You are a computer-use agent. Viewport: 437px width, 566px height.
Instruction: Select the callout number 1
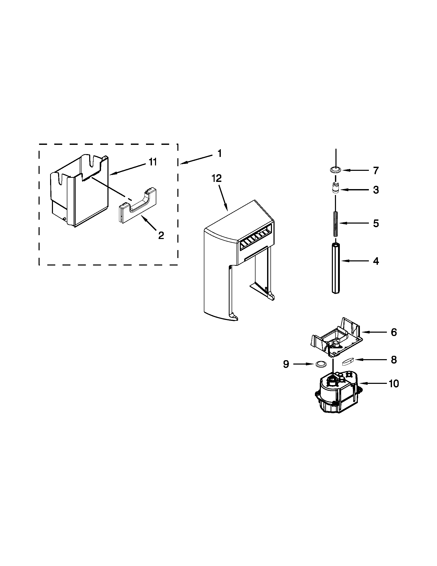[220, 154]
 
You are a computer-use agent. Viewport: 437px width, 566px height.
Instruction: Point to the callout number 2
[161, 235]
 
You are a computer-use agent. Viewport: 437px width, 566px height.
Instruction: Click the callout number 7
[376, 171]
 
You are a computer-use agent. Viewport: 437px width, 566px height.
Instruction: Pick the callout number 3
[376, 190]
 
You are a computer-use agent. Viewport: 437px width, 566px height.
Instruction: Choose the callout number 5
[376, 223]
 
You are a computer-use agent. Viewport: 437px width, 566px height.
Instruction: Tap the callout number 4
[376, 261]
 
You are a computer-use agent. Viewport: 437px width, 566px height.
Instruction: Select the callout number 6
[394, 332]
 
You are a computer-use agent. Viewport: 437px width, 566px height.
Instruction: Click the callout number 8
[394, 360]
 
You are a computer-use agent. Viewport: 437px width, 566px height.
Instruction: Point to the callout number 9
[286, 364]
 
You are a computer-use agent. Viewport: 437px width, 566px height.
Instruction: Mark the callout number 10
[394, 384]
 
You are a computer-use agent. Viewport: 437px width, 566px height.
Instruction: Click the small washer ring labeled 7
[336, 170]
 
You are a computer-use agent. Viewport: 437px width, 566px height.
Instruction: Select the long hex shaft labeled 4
[336, 268]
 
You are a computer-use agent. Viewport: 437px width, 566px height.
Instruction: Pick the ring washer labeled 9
[320, 364]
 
